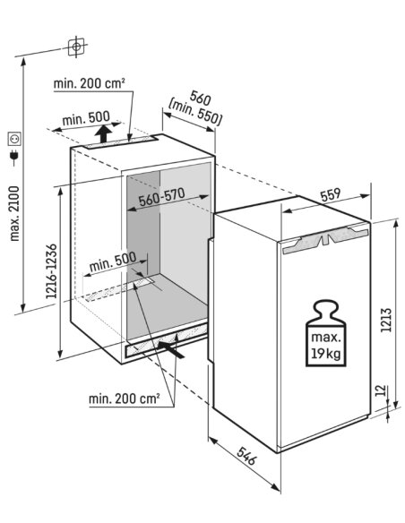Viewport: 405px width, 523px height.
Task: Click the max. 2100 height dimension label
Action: coord(15,213)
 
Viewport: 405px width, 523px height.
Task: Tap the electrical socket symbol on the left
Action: coord(14,139)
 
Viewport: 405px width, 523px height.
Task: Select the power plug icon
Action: coord(14,157)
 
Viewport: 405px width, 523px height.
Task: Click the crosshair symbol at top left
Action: coord(76,47)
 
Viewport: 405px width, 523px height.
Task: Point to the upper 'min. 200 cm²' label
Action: coord(89,83)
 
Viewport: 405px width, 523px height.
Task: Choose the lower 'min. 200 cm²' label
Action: coord(125,399)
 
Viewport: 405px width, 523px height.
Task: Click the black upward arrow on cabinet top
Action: coord(103,133)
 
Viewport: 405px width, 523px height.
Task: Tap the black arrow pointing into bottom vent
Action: coord(170,348)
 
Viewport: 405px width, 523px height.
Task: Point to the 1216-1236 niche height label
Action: coord(52,271)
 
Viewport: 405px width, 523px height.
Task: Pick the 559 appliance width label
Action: coord(331,195)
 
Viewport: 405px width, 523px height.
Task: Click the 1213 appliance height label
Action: coord(385,320)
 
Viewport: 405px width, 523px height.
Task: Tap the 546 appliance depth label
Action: coord(247,456)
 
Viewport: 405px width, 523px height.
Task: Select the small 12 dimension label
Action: coord(381,391)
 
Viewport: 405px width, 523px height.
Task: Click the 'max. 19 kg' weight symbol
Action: coord(326,333)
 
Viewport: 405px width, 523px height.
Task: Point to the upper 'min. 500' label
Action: coord(86,118)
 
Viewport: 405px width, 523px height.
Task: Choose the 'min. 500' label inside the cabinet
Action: coord(113,261)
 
